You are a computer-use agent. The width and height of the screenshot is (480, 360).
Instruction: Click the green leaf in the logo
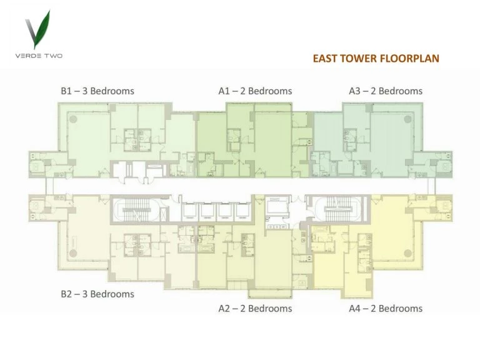click(42, 29)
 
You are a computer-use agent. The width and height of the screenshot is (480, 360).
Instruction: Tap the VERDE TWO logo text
click(39, 56)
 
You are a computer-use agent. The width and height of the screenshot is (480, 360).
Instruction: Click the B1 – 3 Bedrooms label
click(97, 91)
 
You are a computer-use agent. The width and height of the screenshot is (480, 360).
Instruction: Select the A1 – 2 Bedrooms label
click(255, 91)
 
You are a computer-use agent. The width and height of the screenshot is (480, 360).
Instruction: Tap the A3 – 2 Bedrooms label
click(386, 91)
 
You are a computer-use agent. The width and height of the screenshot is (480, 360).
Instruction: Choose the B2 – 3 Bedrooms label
click(97, 294)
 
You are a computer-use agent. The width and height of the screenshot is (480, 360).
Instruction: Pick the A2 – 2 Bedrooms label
click(255, 308)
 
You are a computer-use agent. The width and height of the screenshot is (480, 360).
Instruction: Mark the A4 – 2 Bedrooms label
click(386, 308)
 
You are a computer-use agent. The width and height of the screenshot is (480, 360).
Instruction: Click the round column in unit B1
click(73, 119)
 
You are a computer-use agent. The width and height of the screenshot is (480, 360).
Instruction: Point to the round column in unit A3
click(407, 119)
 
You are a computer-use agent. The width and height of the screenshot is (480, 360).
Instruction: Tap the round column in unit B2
click(73, 253)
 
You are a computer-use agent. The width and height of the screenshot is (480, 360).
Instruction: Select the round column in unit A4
click(407, 253)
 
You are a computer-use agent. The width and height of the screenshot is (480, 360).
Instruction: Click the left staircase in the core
click(136, 210)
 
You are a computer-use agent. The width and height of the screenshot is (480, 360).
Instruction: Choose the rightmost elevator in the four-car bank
click(242, 211)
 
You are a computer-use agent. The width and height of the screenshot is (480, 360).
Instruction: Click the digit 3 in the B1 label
click(85, 91)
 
